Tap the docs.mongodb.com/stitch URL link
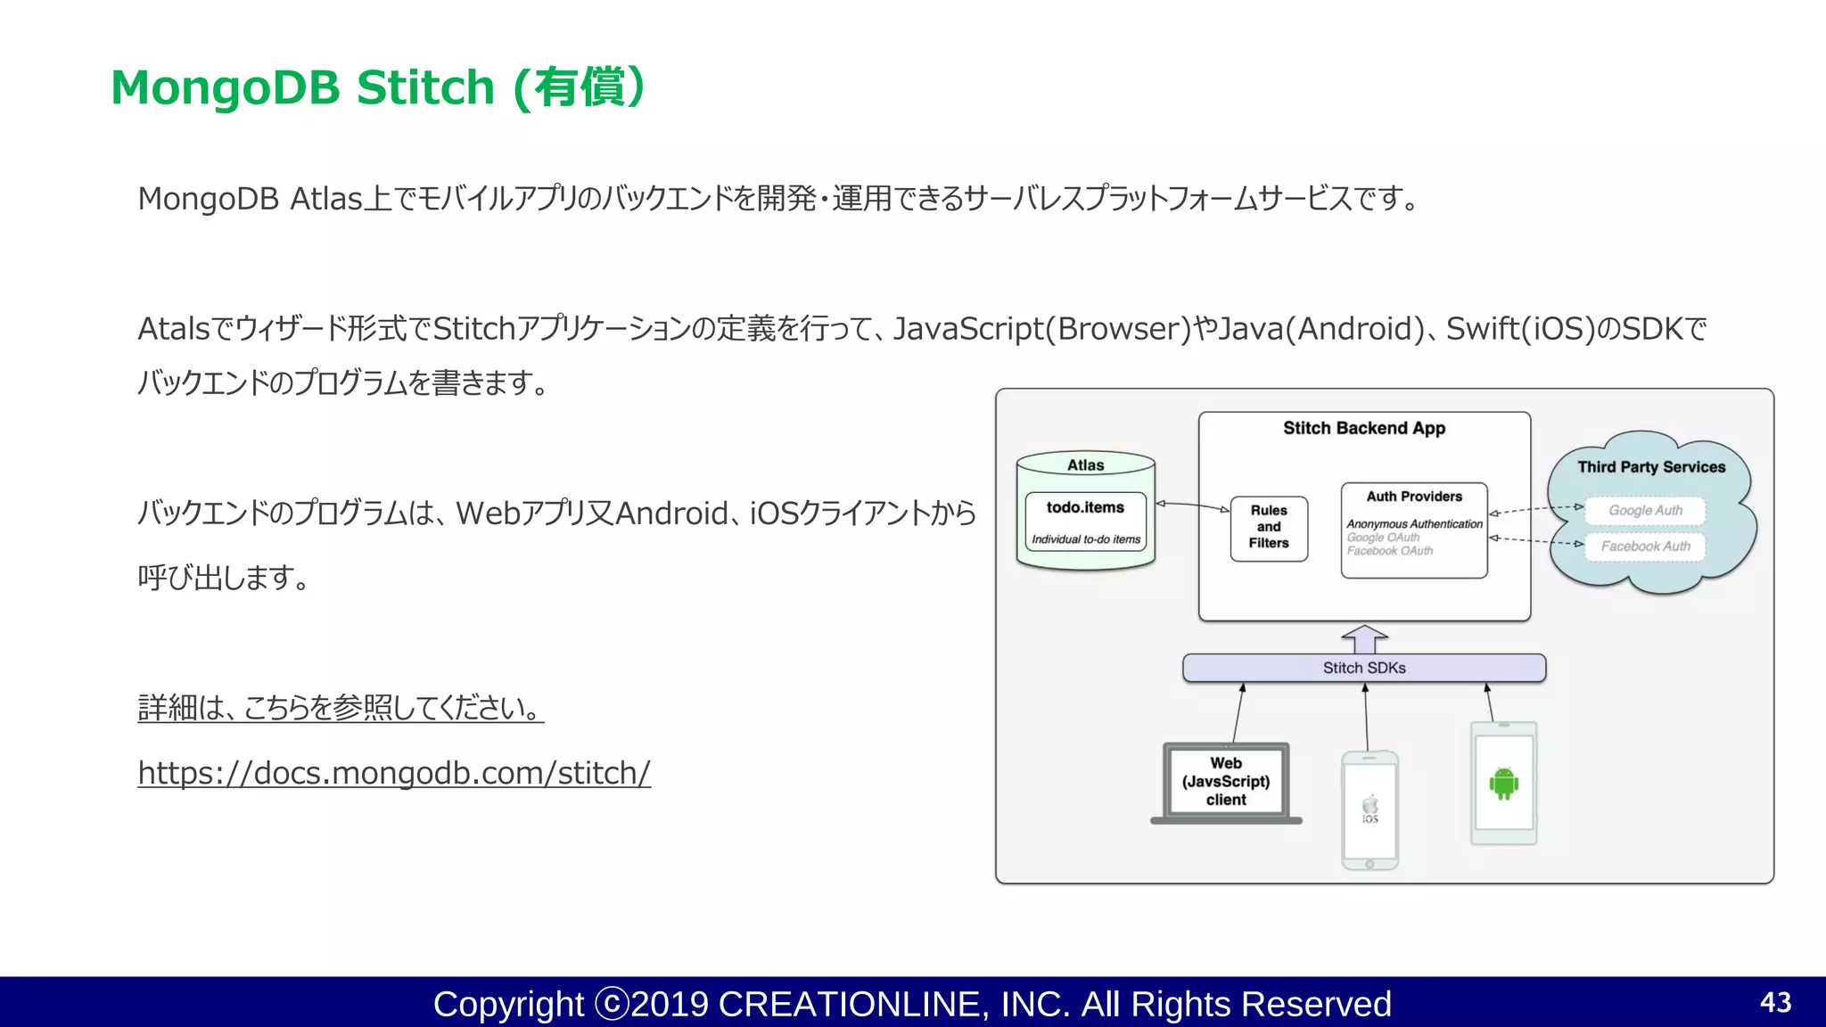394,772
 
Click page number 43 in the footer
1775,1002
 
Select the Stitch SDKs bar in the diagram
1363,668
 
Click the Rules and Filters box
1268,528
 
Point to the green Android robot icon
1503,783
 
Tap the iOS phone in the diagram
1369,809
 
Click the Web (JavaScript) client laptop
1226,782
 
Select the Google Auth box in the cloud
1645,511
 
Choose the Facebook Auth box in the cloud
1645,546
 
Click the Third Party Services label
1651,467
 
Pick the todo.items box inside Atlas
1085,521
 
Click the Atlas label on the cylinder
1085,465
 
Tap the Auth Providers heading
1414,497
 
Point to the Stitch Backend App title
1363,429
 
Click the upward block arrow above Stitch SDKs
1364,638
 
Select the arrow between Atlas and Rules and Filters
1192,505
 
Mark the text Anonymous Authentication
1414,524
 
